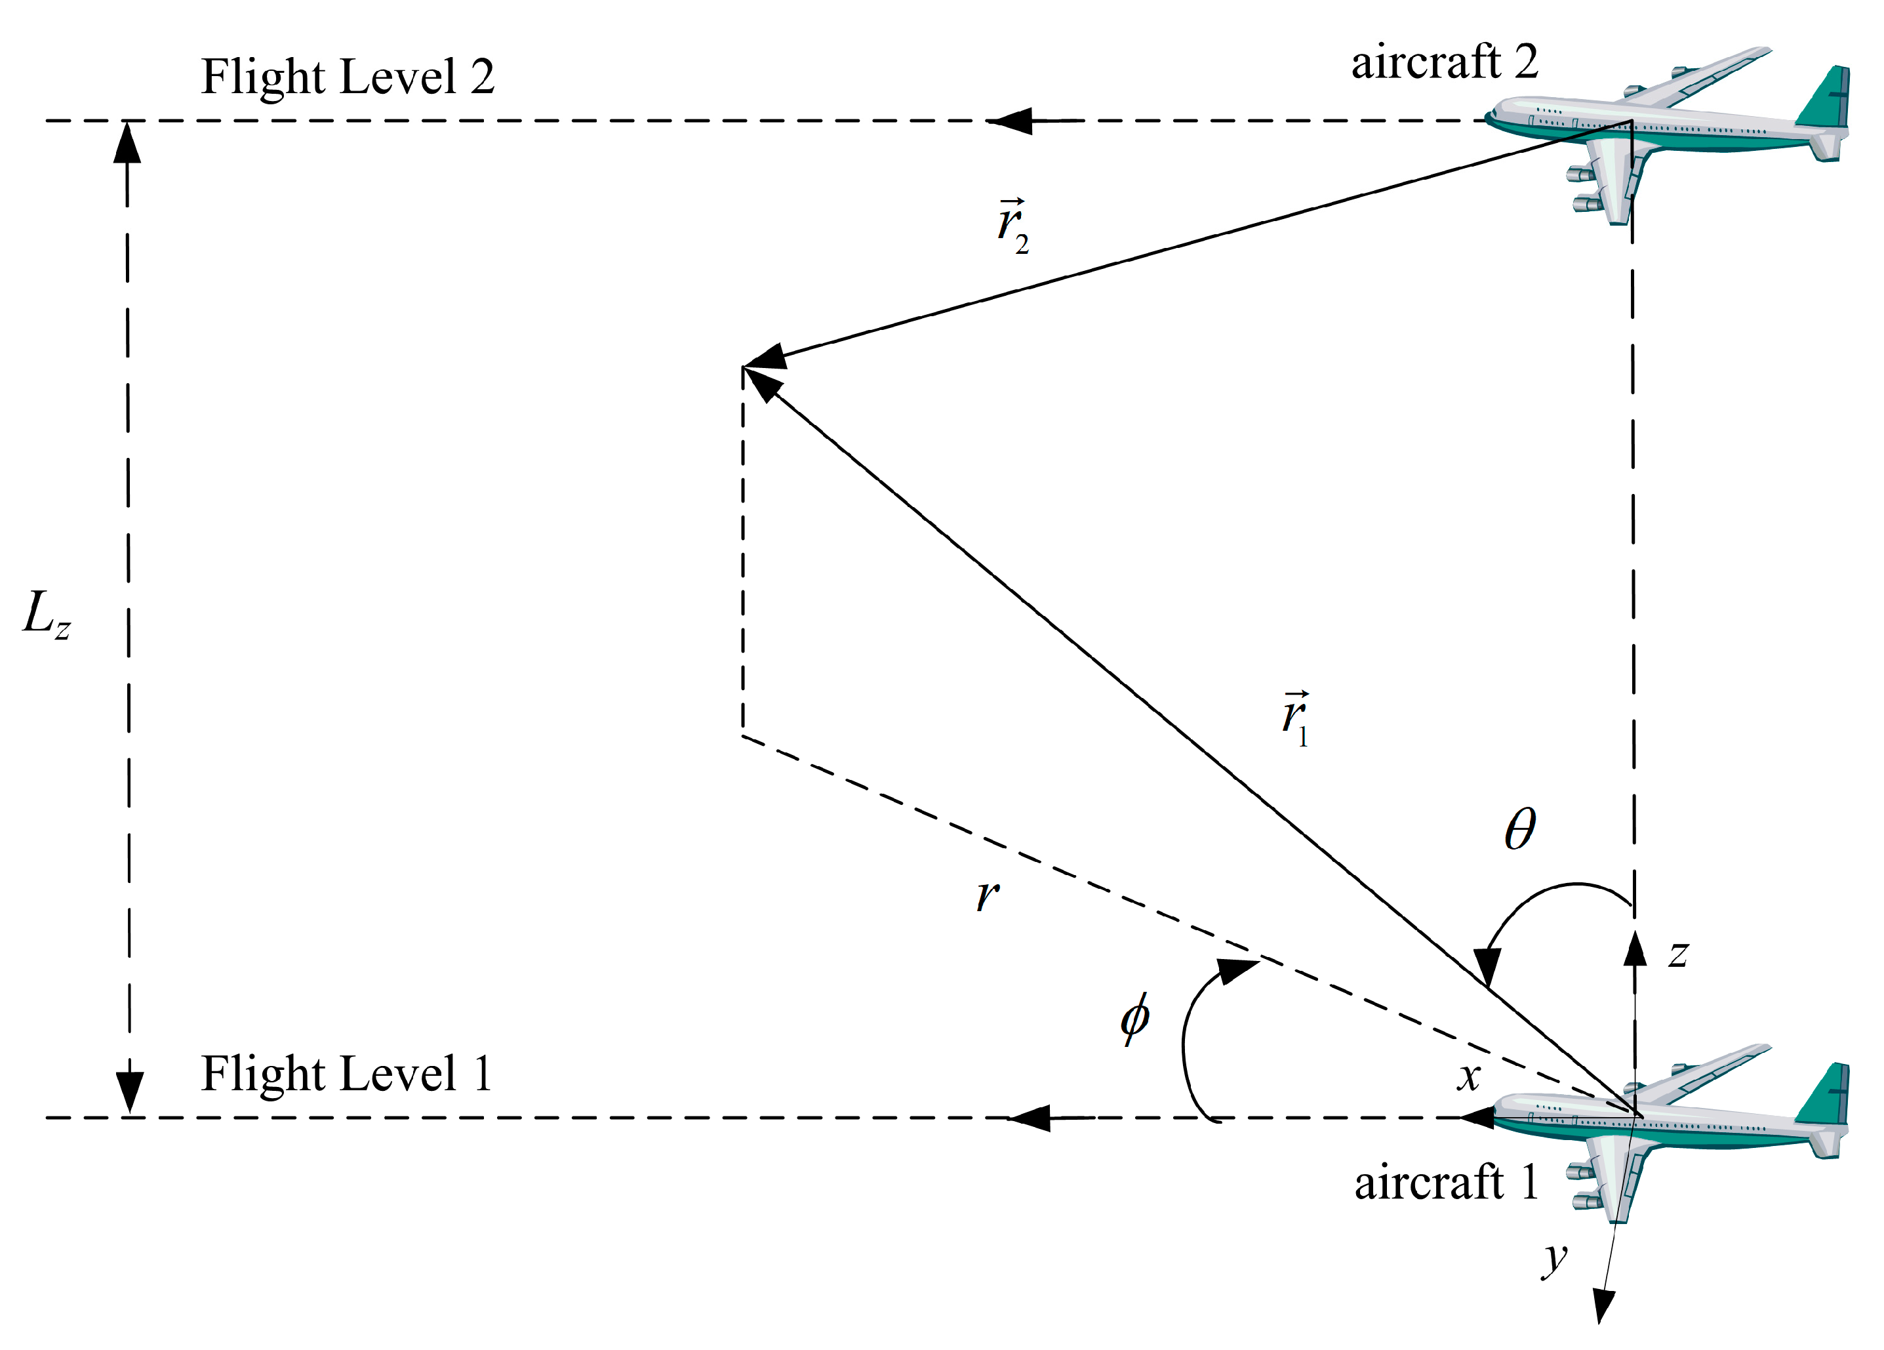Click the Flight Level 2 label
[x=348, y=77]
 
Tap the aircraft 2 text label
[x=1444, y=63]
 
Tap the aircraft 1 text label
[x=1445, y=1182]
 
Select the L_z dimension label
[x=47, y=615]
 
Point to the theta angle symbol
[x=1519, y=829]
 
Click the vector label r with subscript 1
[x=1295, y=718]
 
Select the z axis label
[x=1678, y=954]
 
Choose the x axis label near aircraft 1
[x=1469, y=1076]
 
